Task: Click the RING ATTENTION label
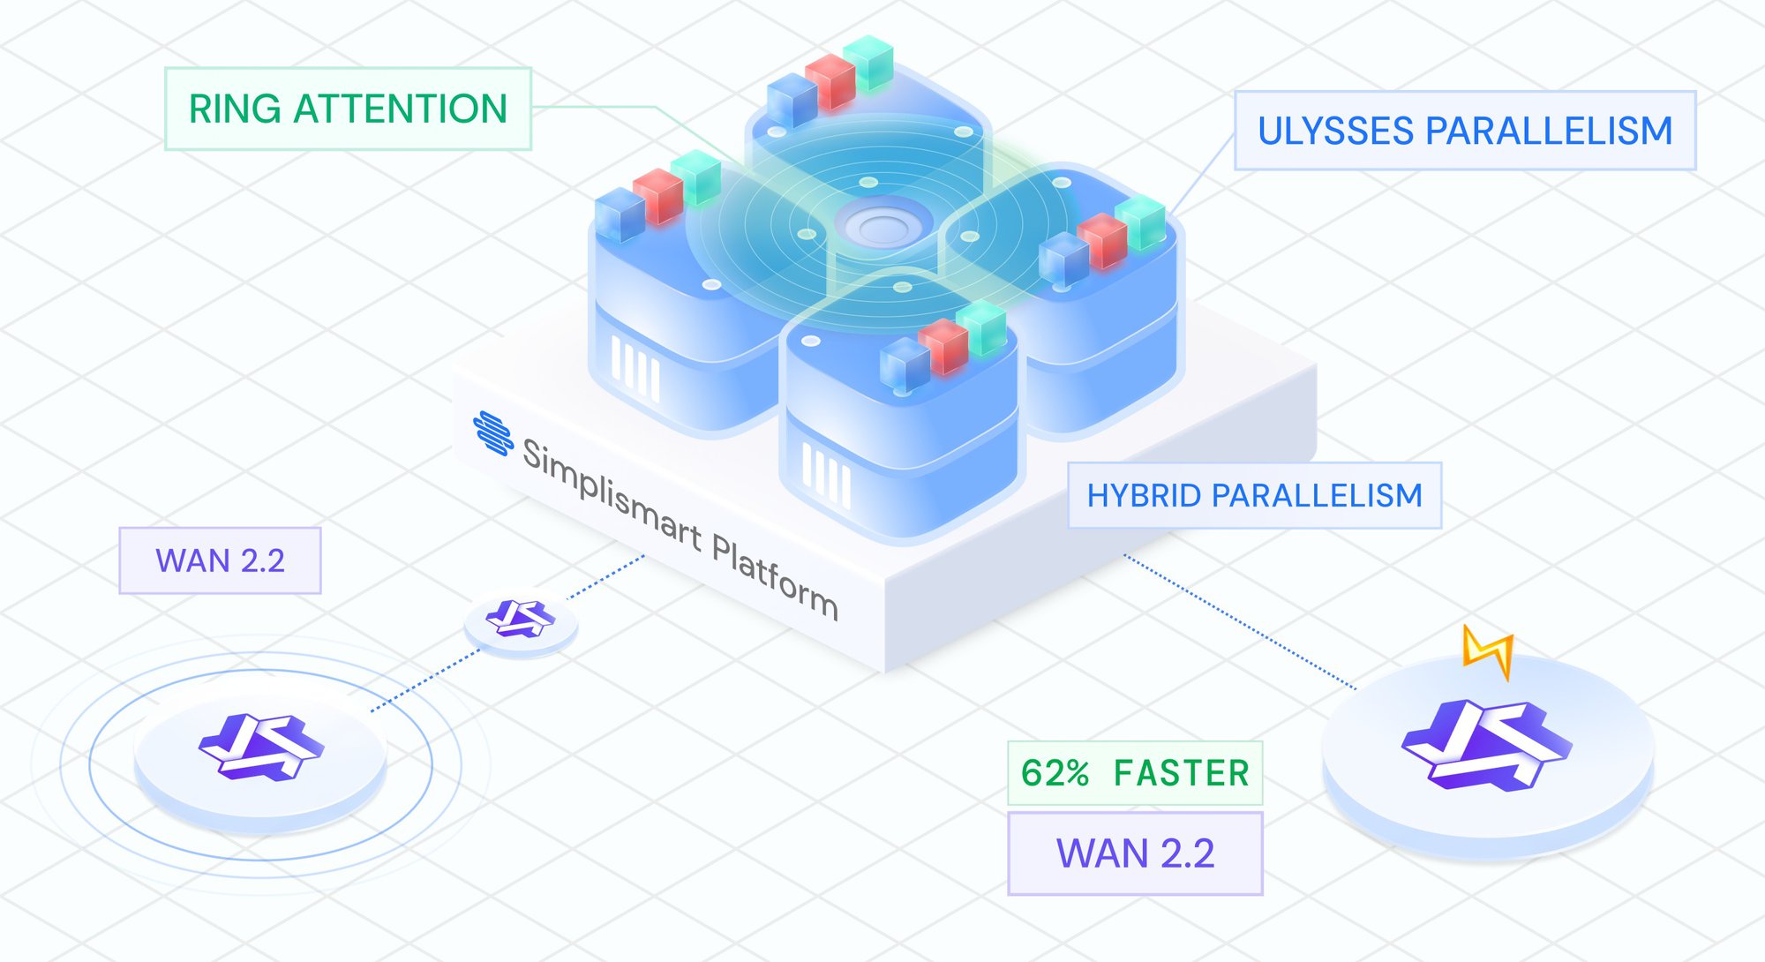coord(348,109)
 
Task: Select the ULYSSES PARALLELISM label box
coord(1465,131)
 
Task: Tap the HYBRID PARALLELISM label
coord(1254,496)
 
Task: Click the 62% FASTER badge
coord(1135,773)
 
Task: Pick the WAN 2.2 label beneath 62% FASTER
coord(1135,853)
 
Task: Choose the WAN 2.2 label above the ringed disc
coord(220,560)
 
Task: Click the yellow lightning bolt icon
coord(1490,651)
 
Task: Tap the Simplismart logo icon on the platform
coord(493,432)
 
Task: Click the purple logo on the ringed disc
coord(261,747)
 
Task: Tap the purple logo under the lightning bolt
coord(1486,744)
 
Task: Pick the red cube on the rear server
coord(830,82)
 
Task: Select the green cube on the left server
coord(696,177)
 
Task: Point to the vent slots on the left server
coord(635,369)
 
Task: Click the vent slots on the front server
coord(826,475)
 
